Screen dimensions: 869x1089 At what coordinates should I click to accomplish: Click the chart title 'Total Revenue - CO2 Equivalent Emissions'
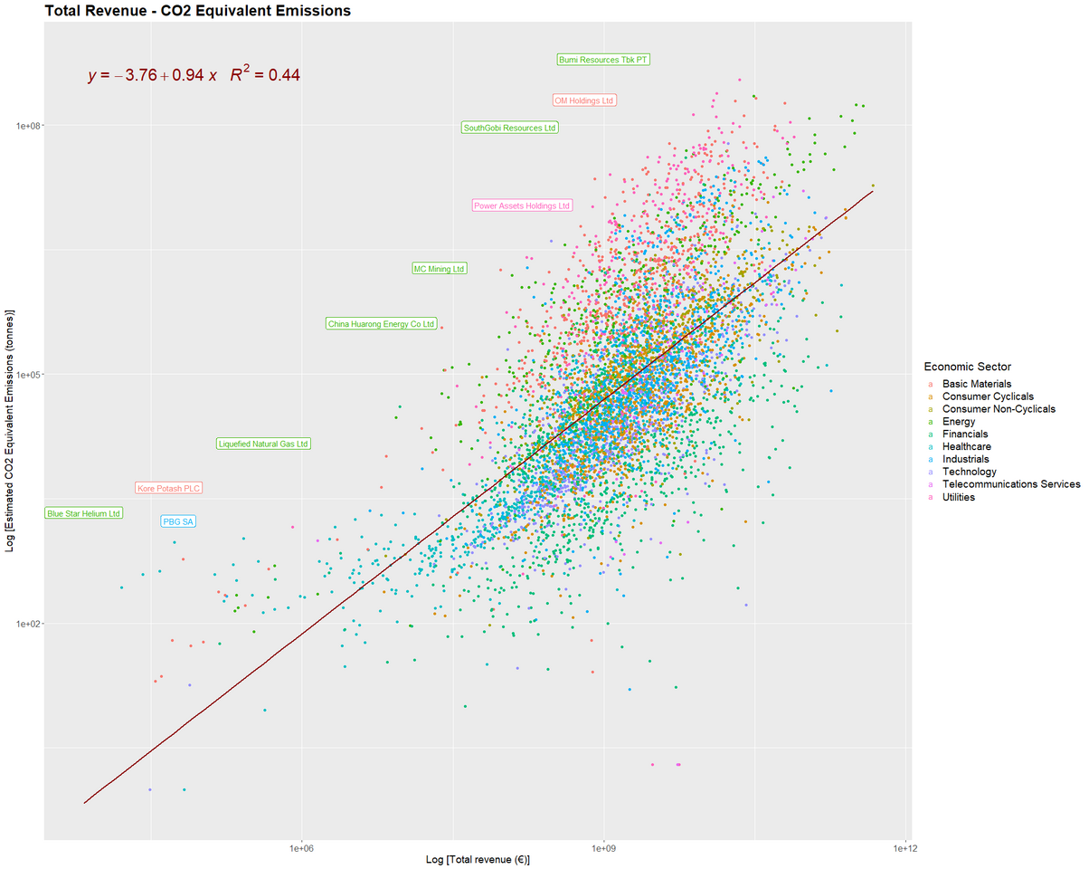(197, 11)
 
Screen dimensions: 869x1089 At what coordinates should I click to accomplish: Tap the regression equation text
(194, 75)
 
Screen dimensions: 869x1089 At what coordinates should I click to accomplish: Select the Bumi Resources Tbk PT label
(603, 60)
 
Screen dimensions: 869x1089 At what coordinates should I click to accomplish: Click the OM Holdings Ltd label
(583, 100)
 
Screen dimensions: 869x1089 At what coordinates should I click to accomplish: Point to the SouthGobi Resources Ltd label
(509, 128)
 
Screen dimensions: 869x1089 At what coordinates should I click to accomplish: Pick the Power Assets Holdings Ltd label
(523, 205)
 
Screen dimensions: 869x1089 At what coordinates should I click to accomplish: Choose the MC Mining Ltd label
(439, 269)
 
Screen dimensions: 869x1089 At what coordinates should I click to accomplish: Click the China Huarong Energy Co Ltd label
(382, 323)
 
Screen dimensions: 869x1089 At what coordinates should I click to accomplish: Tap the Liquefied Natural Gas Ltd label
(264, 444)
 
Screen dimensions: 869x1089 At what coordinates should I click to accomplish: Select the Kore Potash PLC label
(168, 488)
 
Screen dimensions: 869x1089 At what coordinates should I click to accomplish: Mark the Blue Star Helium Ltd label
(83, 513)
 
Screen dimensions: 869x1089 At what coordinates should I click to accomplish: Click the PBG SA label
(178, 521)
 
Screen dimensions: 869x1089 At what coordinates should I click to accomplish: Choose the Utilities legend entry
(958, 497)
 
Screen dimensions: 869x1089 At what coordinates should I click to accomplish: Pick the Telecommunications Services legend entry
(1010, 484)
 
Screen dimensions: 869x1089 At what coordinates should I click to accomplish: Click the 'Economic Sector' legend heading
(967, 367)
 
